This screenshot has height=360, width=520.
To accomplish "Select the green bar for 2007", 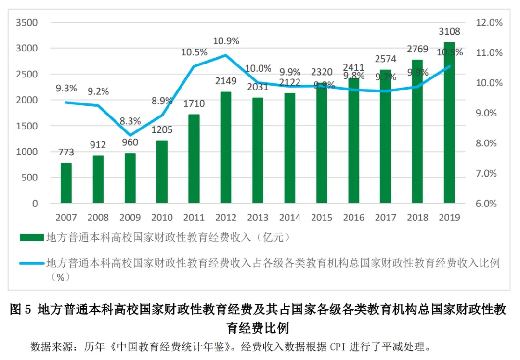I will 66,183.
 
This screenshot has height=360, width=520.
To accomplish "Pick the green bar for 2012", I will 226,147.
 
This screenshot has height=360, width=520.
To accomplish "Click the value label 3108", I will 449,32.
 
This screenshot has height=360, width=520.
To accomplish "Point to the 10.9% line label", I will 226,41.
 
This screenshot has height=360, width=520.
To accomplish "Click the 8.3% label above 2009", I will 130,121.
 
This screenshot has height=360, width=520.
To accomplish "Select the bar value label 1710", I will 194,103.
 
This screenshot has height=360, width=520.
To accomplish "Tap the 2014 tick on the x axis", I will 289,218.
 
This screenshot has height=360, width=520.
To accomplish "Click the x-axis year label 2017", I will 385,218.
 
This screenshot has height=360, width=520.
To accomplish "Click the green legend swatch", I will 32,237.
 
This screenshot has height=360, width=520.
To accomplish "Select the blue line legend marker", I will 32,263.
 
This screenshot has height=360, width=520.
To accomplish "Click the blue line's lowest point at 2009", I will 130,136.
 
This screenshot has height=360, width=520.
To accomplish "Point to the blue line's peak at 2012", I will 226,55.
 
